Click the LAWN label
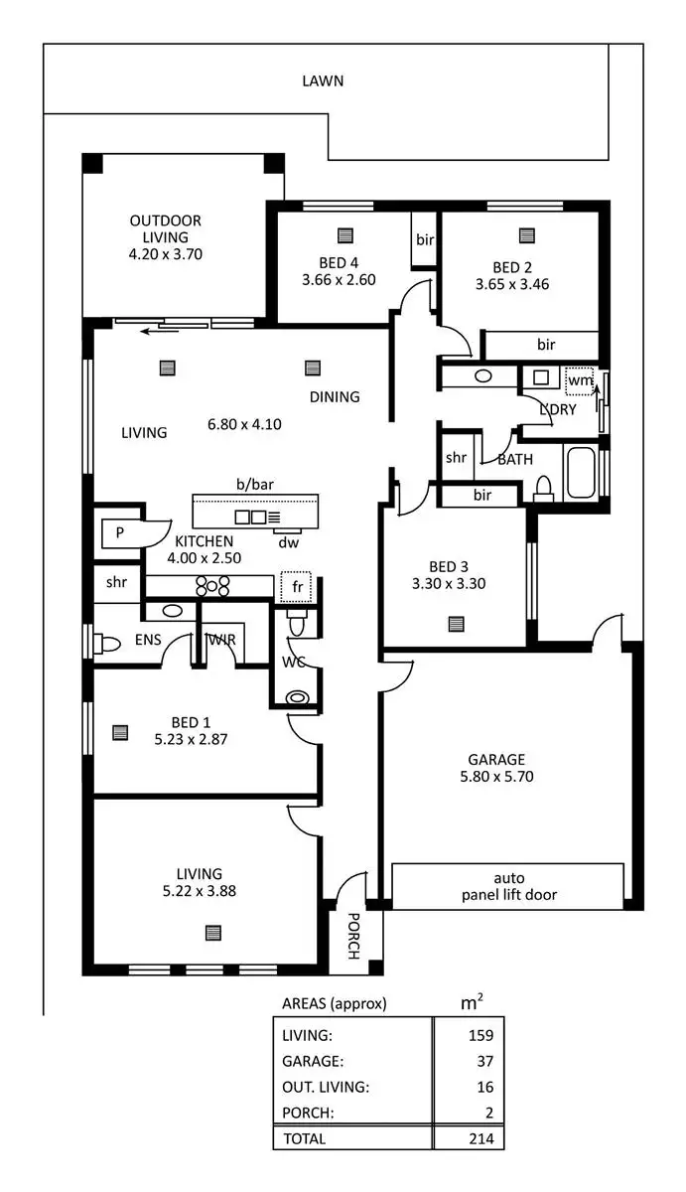[x=323, y=81]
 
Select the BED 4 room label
[x=339, y=263]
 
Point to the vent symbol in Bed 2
[x=526, y=236]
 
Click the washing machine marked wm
[x=579, y=379]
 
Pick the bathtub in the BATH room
[x=582, y=473]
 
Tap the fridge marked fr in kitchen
[x=296, y=587]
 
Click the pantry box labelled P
[x=119, y=533]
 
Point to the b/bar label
[x=254, y=485]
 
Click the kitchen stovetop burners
[x=211, y=585]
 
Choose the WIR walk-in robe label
[x=221, y=641]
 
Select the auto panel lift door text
[x=508, y=886]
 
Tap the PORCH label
[x=352, y=936]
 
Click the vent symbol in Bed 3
[x=456, y=624]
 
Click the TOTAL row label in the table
[x=304, y=1139]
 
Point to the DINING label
[x=334, y=397]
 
